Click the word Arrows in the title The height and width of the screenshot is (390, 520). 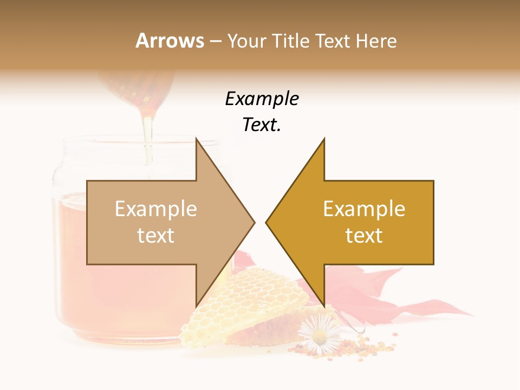(x=170, y=41)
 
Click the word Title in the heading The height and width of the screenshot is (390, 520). (x=289, y=41)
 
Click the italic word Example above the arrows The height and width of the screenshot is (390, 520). (x=262, y=99)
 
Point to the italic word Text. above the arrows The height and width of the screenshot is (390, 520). (x=262, y=125)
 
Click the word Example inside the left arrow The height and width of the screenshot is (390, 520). (x=156, y=209)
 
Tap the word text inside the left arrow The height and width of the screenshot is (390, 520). (x=156, y=236)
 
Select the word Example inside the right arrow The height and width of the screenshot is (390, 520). (x=364, y=209)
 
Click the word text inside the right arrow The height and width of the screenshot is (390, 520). (x=364, y=236)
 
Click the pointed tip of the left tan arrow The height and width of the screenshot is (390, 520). (x=254, y=222)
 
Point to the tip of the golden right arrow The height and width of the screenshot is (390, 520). (x=266, y=222)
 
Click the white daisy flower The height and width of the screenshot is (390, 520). (x=319, y=334)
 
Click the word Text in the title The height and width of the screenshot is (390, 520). (x=332, y=41)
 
